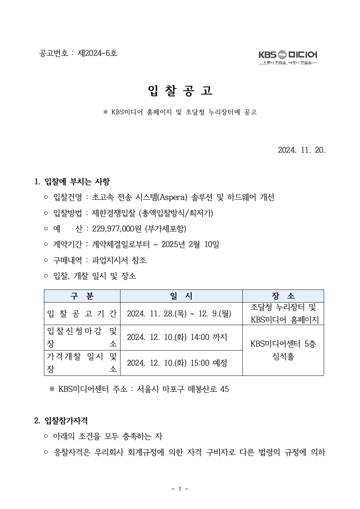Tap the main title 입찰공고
point(180,91)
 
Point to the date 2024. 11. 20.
point(301,150)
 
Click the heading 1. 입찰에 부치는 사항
point(72,181)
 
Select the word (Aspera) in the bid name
point(173,197)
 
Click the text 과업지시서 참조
point(119,260)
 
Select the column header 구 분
point(82,296)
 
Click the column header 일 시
point(181,296)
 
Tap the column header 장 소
point(283,296)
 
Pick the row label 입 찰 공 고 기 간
point(82,313)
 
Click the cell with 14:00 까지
point(177,337)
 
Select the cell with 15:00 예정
point(177,363)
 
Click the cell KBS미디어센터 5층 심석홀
point(283,350)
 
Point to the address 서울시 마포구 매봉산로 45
point(183,389)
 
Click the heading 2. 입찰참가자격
point(61,420)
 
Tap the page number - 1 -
point(180,489)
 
